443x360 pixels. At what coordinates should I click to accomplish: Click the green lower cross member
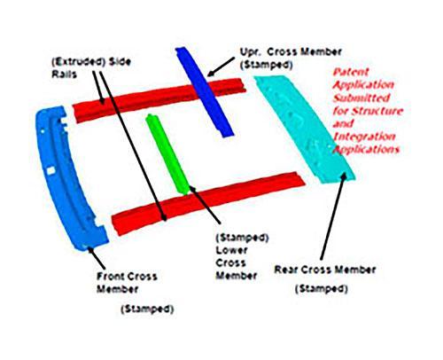coord(167,153)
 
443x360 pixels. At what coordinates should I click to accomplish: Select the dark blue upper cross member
coord(205,91)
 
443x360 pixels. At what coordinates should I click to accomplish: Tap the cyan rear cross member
coord(304,129)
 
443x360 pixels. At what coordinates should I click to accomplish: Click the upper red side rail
coord(159,99)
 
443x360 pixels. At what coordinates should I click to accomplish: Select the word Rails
coord(65,74)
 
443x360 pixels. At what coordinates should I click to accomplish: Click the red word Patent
coord(351,73)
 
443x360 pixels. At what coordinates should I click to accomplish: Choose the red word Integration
coord(364,137)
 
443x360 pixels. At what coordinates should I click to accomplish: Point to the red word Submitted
coord(361,98)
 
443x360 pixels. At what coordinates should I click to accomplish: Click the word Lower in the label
coord(231,250)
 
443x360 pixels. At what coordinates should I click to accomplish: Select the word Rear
coord(286,270)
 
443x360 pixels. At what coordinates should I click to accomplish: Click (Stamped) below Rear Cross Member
coord(322,288)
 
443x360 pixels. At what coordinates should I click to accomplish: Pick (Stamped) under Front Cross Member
coord(147,309)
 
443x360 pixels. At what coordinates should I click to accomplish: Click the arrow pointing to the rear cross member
coord(333,215)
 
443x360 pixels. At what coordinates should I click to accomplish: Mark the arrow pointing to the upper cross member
coord(221,67)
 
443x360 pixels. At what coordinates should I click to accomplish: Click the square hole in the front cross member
coord(51,170)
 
